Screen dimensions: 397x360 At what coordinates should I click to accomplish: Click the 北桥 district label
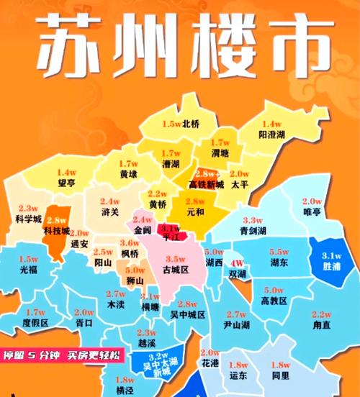[192, 124]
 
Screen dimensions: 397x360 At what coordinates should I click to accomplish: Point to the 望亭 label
[67, 183]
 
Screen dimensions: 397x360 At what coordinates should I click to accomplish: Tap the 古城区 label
[176, 270]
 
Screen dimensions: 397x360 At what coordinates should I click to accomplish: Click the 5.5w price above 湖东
[279, 252]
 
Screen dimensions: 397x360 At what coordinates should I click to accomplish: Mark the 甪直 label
[321, 325]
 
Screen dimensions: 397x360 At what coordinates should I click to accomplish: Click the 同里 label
[281, 375]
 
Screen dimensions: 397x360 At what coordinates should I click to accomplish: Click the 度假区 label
[35, 323]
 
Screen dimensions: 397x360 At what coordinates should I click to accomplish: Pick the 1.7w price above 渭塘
[220, 142]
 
